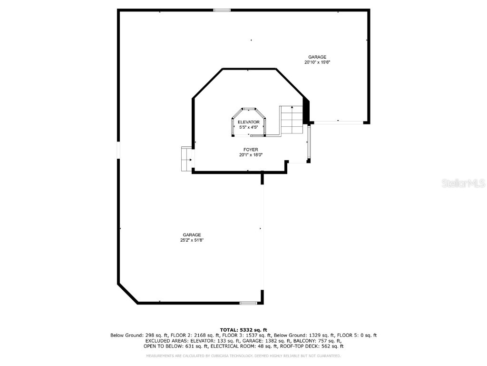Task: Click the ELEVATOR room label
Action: [248, 122]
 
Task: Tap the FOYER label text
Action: [251, 150]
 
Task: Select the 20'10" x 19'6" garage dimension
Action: [317, 62]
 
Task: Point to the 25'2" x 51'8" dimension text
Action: [192, 240]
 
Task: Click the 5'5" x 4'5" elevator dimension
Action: [248, 127]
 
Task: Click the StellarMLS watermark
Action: [463, 183]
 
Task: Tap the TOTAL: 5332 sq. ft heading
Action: [243, 330]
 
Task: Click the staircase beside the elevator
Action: [291, 120]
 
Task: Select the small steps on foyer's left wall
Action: [186, 159]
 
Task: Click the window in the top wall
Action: [222, 10]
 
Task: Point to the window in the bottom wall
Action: [248, 303]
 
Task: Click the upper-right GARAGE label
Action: [317, 57]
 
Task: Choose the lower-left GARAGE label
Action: [192, 235]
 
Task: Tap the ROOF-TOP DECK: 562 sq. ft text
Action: [312, 346]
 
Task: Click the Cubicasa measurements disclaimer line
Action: [243, 356]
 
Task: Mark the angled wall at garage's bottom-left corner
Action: [127, 293]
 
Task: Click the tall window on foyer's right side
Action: [308, 142]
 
